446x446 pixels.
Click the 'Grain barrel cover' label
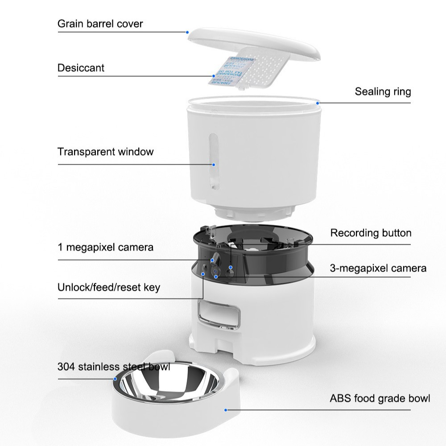[x=100, y=24]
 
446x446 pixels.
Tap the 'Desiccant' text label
[x=81, y=68]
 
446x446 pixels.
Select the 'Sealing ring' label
[x=382, y=92]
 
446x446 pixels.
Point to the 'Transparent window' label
[x=105, y=152]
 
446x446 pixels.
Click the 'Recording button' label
[x=370, y=233]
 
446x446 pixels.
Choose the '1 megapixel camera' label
[x=105, y=247]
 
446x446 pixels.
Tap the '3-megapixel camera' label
[x=378, y=268]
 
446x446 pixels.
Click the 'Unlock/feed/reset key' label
[x=108, y=287]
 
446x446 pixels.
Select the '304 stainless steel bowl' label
[x=113, y=367]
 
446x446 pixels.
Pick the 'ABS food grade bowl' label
[x=380, y=398]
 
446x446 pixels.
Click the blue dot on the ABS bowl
[x=226, y=409]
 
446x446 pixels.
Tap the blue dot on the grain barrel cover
[x=188, y=32]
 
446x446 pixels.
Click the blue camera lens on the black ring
[x=216, y=271]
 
